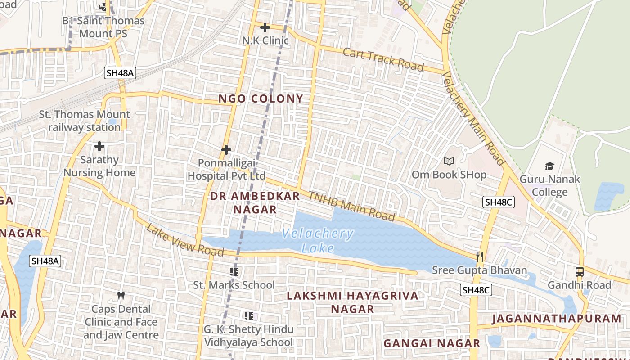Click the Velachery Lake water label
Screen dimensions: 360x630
pos(318,241)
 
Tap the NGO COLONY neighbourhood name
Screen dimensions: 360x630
pos(261,99)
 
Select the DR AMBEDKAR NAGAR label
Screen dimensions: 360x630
pos(255,202)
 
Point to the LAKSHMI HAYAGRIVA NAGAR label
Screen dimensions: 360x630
pos(353,302)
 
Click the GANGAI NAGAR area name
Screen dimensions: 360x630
pos(432,343)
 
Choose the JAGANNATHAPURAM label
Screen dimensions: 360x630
pos(556,319)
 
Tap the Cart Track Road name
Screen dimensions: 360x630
pos(383,59)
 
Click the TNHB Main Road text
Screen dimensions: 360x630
pos(351,206)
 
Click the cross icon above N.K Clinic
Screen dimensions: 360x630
pos(265,27)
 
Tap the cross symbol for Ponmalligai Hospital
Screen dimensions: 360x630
pos(226,149)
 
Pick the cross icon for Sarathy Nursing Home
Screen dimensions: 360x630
pos(99,146)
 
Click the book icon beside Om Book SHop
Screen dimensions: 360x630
pos(449,161)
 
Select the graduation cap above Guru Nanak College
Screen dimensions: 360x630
pos(549,166)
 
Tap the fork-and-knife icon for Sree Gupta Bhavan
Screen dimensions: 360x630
pos(480,257)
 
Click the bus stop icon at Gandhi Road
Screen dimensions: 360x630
pos(580,272)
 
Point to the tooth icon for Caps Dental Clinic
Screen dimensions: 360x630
pos(121,296)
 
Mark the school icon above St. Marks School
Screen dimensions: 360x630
pos(234,271)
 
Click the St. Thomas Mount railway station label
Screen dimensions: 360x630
pos(84,121)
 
